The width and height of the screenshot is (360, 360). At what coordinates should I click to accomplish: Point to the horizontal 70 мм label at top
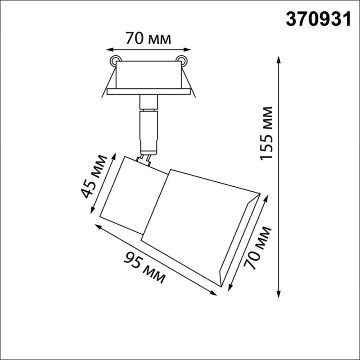coord(148,39)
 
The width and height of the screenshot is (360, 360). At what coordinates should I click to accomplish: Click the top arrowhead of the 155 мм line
coord(279,60)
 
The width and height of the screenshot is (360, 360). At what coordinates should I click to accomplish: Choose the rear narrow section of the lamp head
coord(130,193)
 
